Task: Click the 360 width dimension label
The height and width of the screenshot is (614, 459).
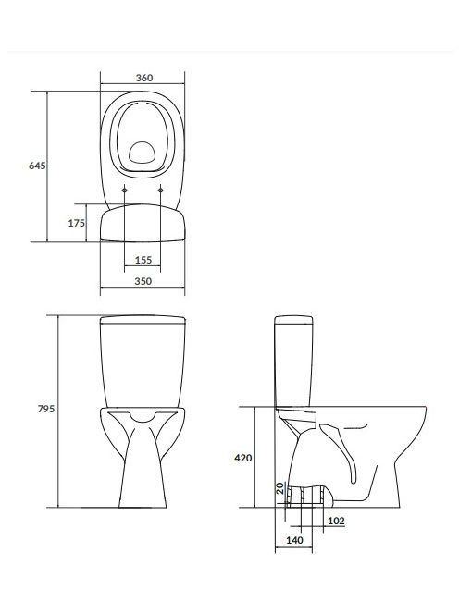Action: click(143, 78)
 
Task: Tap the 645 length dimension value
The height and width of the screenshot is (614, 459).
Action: click(37, 166)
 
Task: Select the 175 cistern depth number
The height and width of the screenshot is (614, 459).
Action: click(77, 223)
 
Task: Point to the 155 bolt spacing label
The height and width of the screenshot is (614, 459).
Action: click(143, 260)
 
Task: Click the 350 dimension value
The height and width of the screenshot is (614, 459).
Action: click(143, 281)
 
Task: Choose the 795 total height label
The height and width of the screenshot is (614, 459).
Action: click(46, 409)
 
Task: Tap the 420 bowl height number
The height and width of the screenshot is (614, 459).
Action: click(243, 458)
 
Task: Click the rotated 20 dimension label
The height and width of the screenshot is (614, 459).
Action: click(279, 488)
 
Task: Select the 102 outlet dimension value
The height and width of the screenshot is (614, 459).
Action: click(336, 521)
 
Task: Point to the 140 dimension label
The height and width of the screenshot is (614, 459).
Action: click(294, 540)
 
